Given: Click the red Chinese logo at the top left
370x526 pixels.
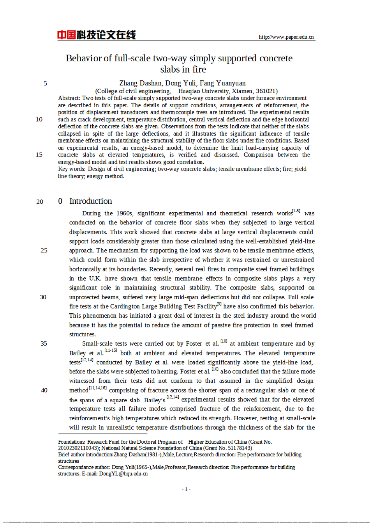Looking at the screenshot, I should [x=96, y=35].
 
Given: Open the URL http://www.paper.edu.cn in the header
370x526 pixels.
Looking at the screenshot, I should [x=286, y=37].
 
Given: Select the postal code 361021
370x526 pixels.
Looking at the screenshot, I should [x=266, y=91].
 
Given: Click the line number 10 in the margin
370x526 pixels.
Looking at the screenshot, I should [x=39, y=119].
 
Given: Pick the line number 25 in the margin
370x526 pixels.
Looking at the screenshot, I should [x=44, y=251].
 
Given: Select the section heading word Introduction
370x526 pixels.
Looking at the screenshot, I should [x=91, y=201].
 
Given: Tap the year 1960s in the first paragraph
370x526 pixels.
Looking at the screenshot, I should [x=124, y=213].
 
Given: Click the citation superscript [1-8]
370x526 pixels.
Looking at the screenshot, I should [x=296, y=211].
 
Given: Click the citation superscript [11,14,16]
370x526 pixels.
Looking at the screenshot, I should [x=97, y=388].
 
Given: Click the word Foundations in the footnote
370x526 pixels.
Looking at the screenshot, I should [x=72, y=442].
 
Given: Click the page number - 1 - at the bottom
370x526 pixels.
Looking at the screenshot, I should [x=186, y=489].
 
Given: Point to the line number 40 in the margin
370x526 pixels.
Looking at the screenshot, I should [x=44, y=390].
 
